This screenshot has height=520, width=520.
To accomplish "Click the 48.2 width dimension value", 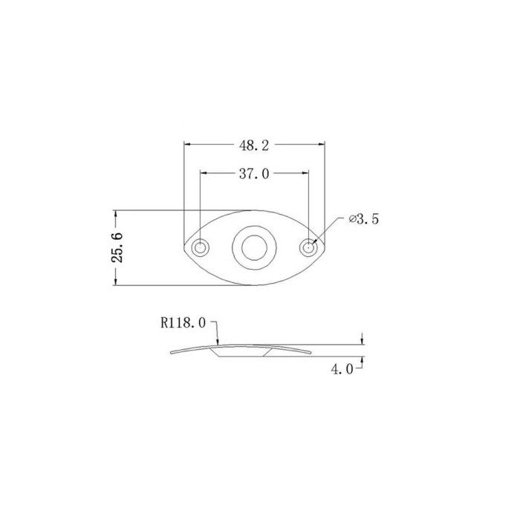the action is tap(254, 146).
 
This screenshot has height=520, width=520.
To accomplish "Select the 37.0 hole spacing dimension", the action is tap(254, 174).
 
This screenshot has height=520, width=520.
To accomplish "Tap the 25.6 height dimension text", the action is tap(117, 247).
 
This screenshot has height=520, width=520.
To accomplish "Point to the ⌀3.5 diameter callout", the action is tap(363, 219).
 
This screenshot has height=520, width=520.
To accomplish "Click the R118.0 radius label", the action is tap(183, 322).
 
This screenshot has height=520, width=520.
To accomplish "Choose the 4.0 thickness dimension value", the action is tap(342, 368).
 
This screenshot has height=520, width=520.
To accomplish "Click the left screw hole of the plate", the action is tap(200, 247).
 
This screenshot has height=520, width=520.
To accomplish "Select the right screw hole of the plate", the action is tap(308, 247).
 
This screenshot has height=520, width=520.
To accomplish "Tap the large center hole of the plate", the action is tap(254, 247).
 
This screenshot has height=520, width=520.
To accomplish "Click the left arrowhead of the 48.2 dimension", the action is tap(187, 144).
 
